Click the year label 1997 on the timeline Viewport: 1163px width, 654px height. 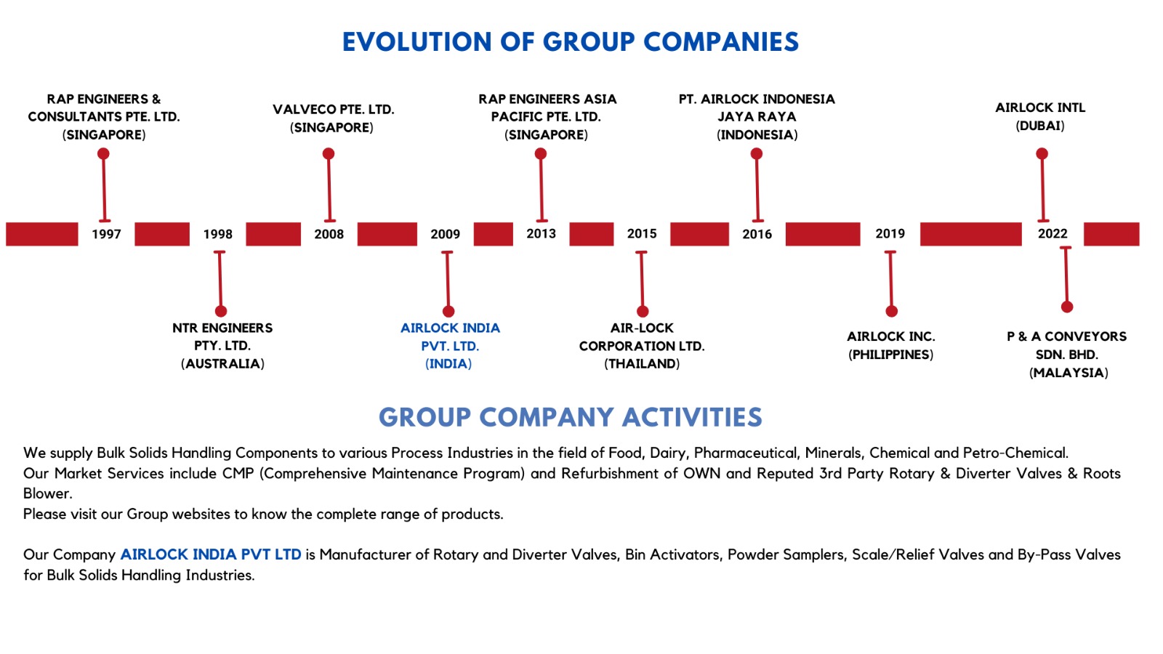click(x=106, y=234)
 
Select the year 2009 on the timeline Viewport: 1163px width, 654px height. click(x=445, y=234)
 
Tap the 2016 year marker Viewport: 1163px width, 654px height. click(x=757, y=234)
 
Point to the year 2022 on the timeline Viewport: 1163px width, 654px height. click(x=1052, y=234)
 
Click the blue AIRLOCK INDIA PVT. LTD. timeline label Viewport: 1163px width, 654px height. click(x=450, y=346)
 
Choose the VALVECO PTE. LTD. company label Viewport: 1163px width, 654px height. click(x=333, y=118)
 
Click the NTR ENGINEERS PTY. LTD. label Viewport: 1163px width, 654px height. click(x=222, y=346)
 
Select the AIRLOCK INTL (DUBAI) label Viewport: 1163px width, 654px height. click(x=1040, y=116)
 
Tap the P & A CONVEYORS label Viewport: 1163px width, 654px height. click(x=1066, y=337)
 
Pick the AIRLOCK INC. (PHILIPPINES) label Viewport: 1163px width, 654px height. click(x=890, y=345)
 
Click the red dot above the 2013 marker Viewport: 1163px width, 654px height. click(x=540, y=154)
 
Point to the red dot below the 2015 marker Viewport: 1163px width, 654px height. click(x=643, y=312)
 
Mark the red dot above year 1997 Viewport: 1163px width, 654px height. click(x=103, y=154)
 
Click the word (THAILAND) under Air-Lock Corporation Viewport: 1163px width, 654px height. click(x=642, y=364)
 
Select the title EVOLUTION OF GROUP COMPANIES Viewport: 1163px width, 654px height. click(x=570, y=42)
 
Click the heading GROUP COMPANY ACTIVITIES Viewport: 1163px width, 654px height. click(x=570, y=417)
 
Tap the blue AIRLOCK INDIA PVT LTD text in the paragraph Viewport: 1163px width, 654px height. click(x=211, y=554)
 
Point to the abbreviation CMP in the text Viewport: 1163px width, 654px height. click(x=238, y=473)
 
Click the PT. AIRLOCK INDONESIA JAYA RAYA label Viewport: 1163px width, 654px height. click(x=757, y=116)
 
